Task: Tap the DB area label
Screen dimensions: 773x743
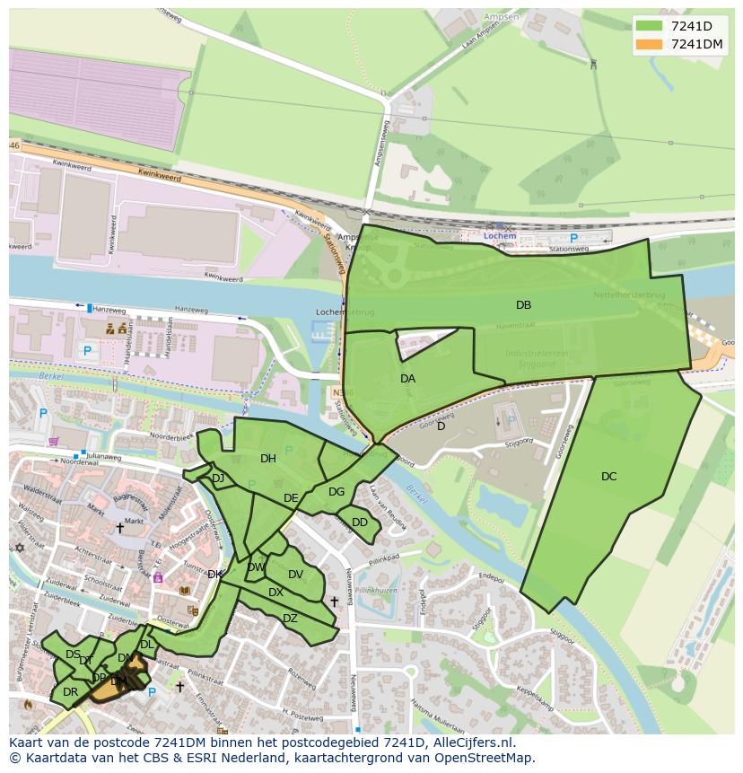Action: pyautogui.click(x=523, y=305)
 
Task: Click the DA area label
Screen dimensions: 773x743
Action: pyautogui.click(x=407, y=379)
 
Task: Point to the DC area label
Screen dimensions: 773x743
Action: pyautogui.click(x=608, y=477)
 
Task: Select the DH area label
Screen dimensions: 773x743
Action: pyautogui.click(x=267, y=459)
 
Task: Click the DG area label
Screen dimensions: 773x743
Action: pyautogui.click(x=337, y=492)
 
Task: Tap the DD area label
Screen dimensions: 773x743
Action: pyautogui.click(x=360, y=523)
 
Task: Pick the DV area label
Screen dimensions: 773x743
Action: pyautogui.click(x=295, y=575)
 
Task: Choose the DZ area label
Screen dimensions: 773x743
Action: pyautogui.click(x=290, y=619)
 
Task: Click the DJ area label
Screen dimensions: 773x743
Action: pyautogui.click(x=218, y=479)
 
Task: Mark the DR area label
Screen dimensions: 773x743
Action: pyautogui.click(x=70, y=692)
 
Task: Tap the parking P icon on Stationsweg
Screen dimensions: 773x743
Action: pyautogui.click(x=573, y=239)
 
